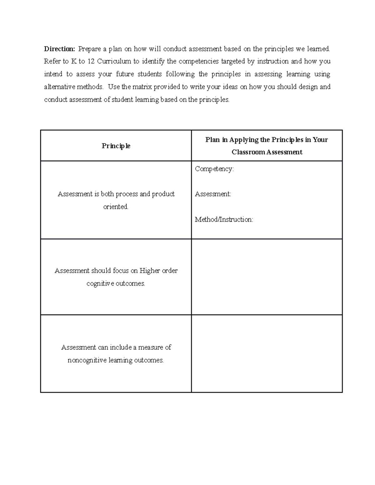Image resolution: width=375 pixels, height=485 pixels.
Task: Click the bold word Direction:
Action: (59, 49)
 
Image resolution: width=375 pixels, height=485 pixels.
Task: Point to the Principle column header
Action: (116, 146)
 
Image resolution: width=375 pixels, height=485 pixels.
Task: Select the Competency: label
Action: (214, 169)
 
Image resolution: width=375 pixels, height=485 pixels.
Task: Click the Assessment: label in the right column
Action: (213, 194)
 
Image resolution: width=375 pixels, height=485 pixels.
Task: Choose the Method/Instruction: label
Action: (224, 220)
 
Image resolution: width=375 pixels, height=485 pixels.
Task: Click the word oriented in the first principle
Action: (116, 207)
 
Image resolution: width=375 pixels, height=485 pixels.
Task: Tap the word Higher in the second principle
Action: (149, 271)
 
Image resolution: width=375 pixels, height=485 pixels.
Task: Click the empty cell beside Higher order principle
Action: (267, 277)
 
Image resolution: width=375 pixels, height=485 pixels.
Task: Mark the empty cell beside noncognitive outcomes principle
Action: (267, 354)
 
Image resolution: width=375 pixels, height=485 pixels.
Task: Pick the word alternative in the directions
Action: (58, 87)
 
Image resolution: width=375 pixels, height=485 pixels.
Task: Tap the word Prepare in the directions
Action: (89, 49)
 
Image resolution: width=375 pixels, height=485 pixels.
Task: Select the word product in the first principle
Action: (163, 194)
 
